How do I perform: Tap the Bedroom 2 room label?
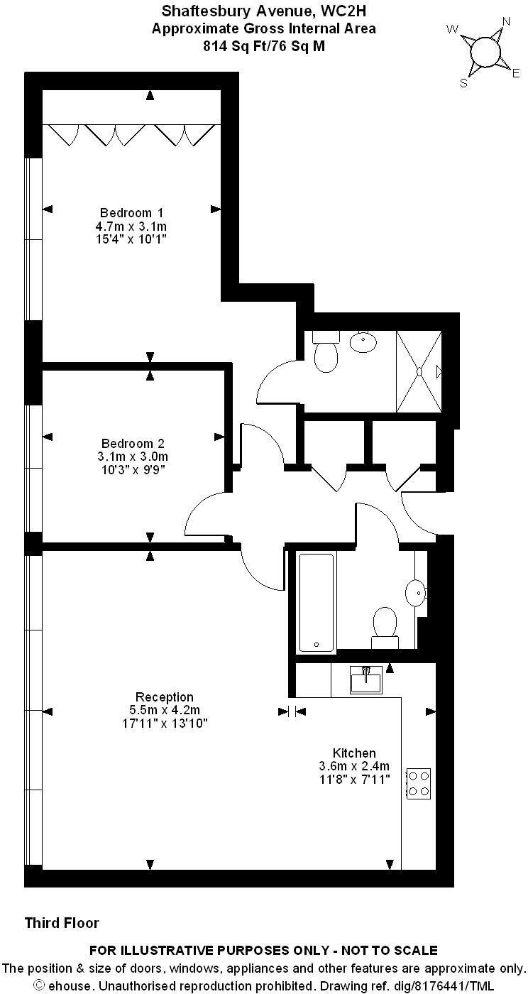point(133,443)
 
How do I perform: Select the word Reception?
point(165,697)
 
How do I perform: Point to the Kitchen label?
point(354,753)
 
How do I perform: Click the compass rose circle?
point(485,51)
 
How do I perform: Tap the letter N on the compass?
point(506,21)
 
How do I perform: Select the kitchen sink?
point(365,679)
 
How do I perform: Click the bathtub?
point(317,602)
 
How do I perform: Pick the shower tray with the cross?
point(419,371)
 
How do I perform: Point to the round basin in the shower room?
point(363,342)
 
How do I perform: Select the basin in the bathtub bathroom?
point(416,592)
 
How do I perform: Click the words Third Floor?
point(62,923)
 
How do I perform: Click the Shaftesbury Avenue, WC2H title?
point(264,11)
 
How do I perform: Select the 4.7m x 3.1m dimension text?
point(131,226)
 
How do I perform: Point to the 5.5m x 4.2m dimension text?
point(165,710)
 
